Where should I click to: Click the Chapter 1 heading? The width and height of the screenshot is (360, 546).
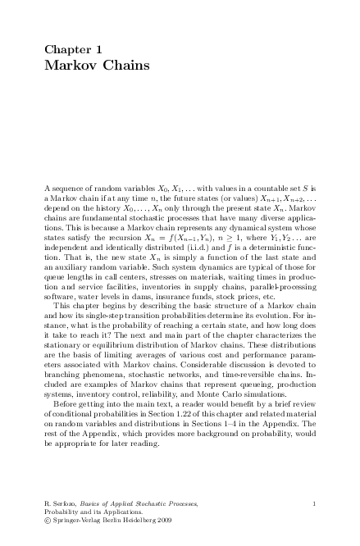[73, 49]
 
